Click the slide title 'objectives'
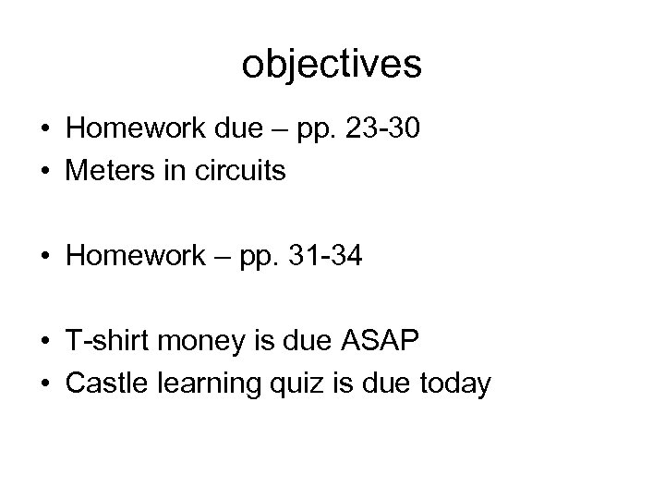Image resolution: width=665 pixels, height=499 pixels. [332, 65]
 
